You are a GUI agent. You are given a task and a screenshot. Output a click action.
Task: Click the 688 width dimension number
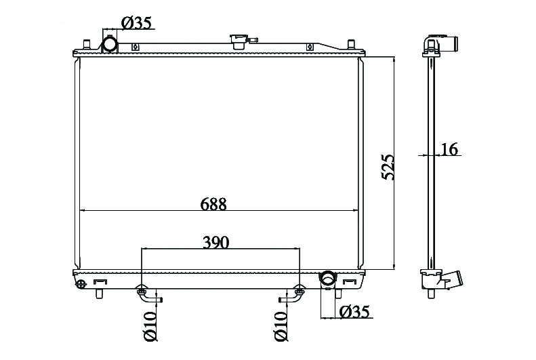[213, 204]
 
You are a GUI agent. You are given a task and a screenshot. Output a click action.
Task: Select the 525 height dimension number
[388, 167]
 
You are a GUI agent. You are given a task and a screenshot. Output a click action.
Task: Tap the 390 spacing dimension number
[215, 243]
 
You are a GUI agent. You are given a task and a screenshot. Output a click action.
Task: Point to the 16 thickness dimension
[449, 149]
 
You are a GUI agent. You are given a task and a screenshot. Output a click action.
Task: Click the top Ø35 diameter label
[136, 23]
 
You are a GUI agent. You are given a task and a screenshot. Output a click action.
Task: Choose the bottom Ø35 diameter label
[354, 311]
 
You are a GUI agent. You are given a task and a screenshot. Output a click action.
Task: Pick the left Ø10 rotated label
[150, 326]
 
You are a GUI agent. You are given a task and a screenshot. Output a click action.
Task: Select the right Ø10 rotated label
[281, 326]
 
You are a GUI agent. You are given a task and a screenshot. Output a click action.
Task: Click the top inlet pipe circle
[110, 45]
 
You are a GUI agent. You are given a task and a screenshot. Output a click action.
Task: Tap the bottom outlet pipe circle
[328, 278]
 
